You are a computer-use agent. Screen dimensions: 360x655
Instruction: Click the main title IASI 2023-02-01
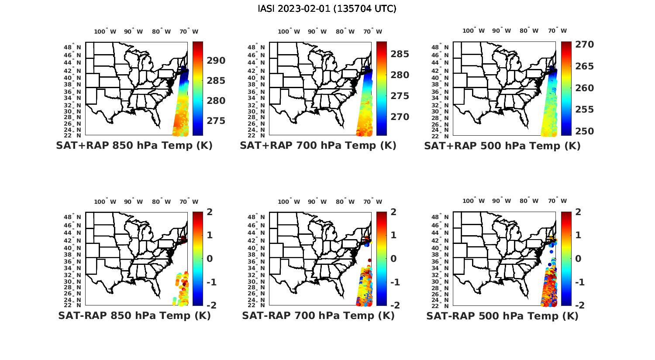pos(327,9)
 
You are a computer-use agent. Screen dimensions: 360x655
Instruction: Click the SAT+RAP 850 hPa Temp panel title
pos(134,145)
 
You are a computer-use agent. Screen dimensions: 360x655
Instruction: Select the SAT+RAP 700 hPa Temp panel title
pos(318,145)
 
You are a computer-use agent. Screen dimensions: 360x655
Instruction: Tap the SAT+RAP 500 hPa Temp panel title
pos(502,146)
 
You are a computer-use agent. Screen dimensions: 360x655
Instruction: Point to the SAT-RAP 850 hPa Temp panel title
pos(134,315)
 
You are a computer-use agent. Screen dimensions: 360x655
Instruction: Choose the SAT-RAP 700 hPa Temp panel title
pos(318,315)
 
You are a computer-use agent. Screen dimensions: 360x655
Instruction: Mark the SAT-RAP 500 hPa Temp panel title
pos(502,316)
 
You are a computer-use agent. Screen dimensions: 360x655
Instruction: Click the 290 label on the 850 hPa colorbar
pos(216,61)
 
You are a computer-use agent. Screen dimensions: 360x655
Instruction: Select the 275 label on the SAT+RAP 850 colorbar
pos(216,120)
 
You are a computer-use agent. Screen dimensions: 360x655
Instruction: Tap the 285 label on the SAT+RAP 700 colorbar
pos(400,54)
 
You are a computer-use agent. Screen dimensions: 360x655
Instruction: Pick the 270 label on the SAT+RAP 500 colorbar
pos(584,45)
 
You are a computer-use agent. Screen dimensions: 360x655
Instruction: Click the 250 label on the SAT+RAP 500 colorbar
pos(584,131)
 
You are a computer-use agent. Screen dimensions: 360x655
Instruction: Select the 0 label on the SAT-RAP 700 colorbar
pos(393,258)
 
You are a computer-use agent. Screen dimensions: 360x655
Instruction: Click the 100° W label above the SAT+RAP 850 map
pos(105,31)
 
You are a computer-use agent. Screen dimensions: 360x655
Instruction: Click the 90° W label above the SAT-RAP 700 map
pos(317,202)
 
